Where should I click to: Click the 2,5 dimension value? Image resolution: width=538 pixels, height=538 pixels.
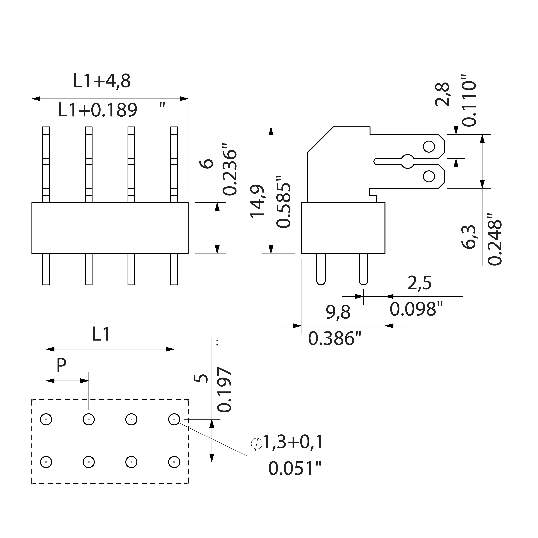tap(419, 283)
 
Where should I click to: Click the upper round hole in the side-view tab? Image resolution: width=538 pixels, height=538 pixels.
tap(429, 146)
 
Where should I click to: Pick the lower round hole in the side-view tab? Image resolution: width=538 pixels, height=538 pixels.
tap(429, 176)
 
